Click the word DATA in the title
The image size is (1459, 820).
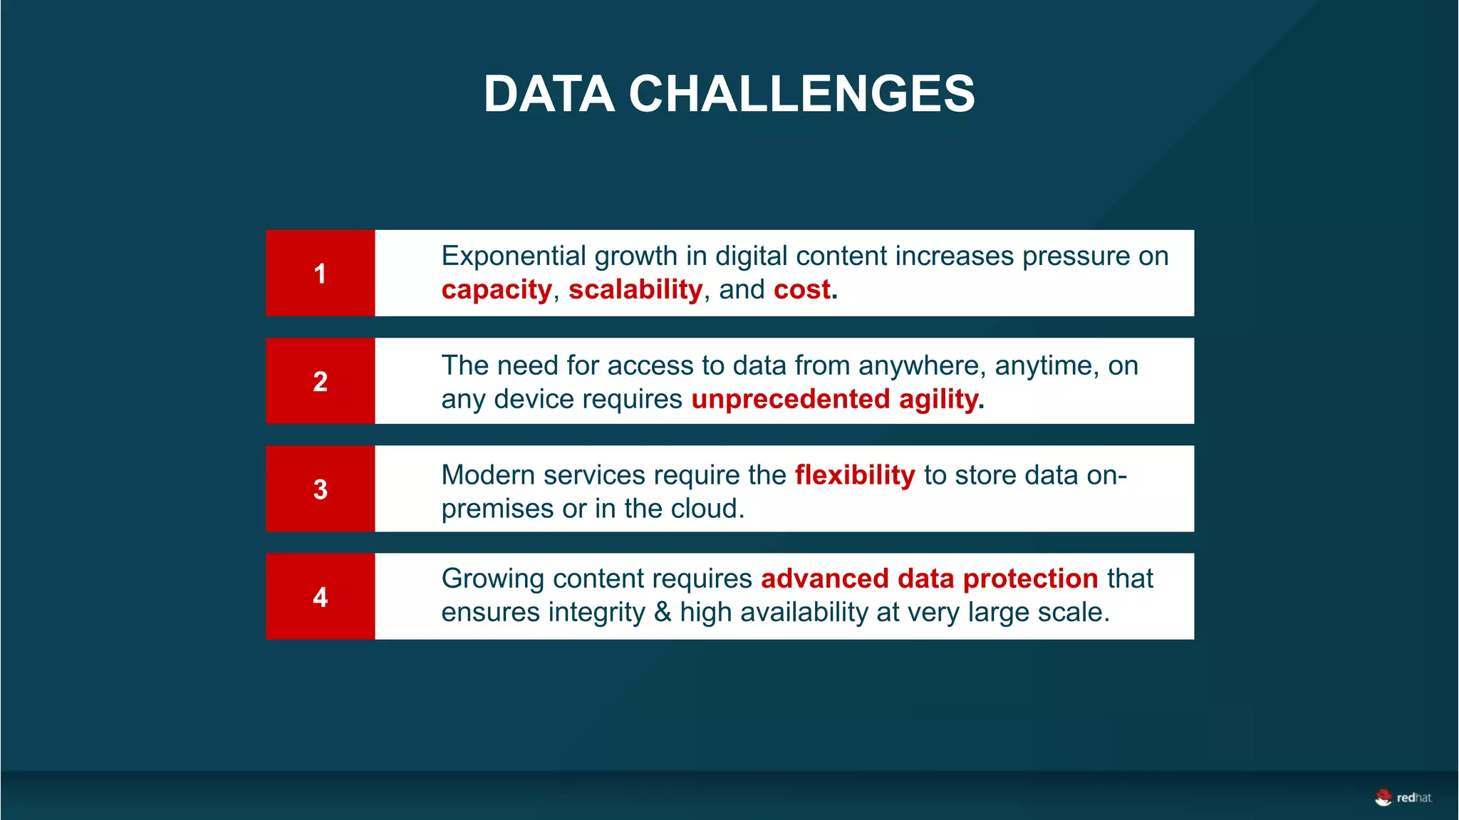pyautogui.click(x=549, y=94)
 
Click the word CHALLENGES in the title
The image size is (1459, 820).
pyautogui.click(x=801, y=94)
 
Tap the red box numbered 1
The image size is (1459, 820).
pyautogui.click(x=321, y=273)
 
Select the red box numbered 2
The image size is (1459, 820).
pyautogui.click(x=321, y=381)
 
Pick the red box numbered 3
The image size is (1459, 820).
pyautogui.click(x=321, y=489)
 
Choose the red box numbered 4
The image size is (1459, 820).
pyautogui.click(x=321, y=596)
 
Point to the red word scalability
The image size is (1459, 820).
pyautogui.click(x=635, y=289)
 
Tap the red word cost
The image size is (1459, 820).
pyautogui.click(x=802, y=289)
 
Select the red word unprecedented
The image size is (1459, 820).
pyautogui.click(x=790, y=399)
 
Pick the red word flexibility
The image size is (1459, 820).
pyautogui.click(x=854, y=474)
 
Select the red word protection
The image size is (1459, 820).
pyautogui.click(x=1029, y=578)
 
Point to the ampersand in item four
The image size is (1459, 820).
pyautogui.click(x=663, y=612)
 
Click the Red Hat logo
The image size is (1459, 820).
pyautogui.click(x=1402, y=797)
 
